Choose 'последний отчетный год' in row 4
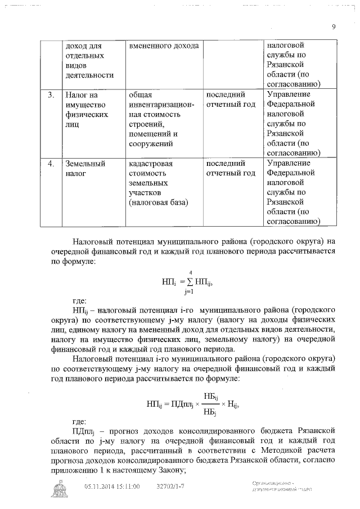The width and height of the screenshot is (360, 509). pos(231,168)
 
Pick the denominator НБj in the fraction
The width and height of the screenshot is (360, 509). pos(210,412)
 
